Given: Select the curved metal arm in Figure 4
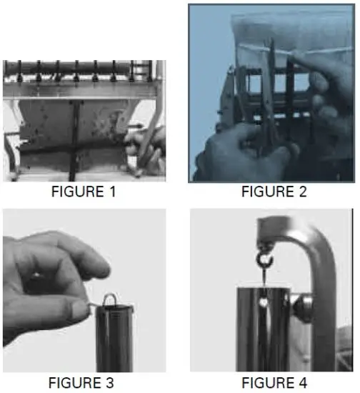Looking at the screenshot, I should click(x=314, y=272).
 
